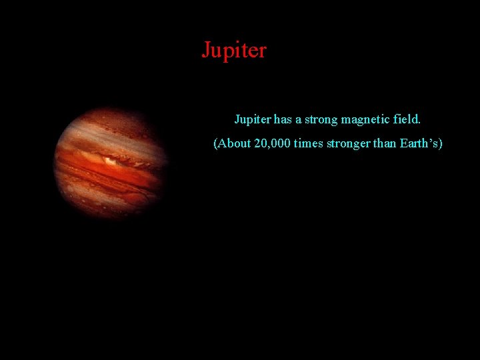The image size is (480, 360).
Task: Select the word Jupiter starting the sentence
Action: tap(252, 120)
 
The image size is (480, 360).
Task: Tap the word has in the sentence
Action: tap(283, 120)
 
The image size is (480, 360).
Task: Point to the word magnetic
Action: tap(365, 120)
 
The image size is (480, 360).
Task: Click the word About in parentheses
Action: tap(235, 144)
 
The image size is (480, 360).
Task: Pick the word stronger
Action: tap(351, 144)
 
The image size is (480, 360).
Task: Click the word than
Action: tap(386, 144)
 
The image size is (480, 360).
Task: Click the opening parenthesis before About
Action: tap(215, 144)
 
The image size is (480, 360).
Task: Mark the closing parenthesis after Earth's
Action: tap(441, 144)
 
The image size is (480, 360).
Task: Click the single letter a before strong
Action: tap(299, 121)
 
